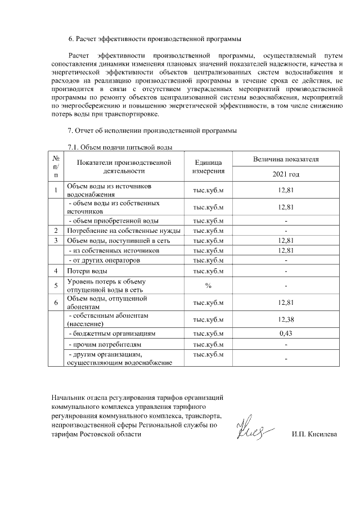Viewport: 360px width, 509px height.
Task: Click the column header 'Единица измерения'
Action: pos(208,166)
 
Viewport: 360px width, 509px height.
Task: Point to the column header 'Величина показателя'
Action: pos(286,159)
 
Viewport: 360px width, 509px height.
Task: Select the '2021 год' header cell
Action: pos(286,174)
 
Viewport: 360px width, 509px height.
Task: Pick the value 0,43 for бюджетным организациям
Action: pos(286,334)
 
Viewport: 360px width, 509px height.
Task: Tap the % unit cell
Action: pos(208,286)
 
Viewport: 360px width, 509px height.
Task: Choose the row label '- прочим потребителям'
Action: pos(104,344)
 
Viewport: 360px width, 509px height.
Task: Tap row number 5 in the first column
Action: pos(56,286)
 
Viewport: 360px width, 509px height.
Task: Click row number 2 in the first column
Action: pos(56,231)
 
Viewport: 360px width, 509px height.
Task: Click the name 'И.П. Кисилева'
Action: pos(314,435)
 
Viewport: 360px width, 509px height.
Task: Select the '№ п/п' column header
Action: pos(56,166)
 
